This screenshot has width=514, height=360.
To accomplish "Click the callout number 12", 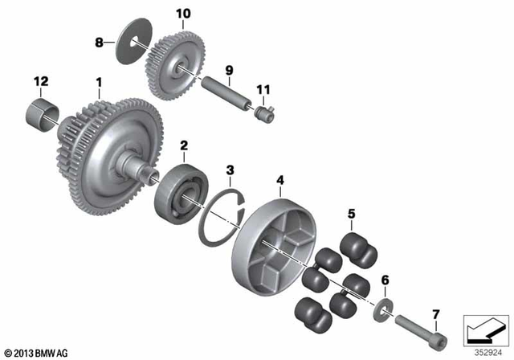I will [x=41, y=81].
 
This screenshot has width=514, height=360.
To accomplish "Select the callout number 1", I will [x=99, y=82].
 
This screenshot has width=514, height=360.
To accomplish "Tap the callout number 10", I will [x=184, y=14].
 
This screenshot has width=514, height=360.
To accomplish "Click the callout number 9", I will [x=228, y=72].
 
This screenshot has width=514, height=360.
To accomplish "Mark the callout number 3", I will [x=230, y=170].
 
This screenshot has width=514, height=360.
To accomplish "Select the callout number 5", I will [x=350, y=214].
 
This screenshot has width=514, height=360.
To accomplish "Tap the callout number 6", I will [x=384, y=279].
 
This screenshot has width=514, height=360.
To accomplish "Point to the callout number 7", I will [x=436, y=313].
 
